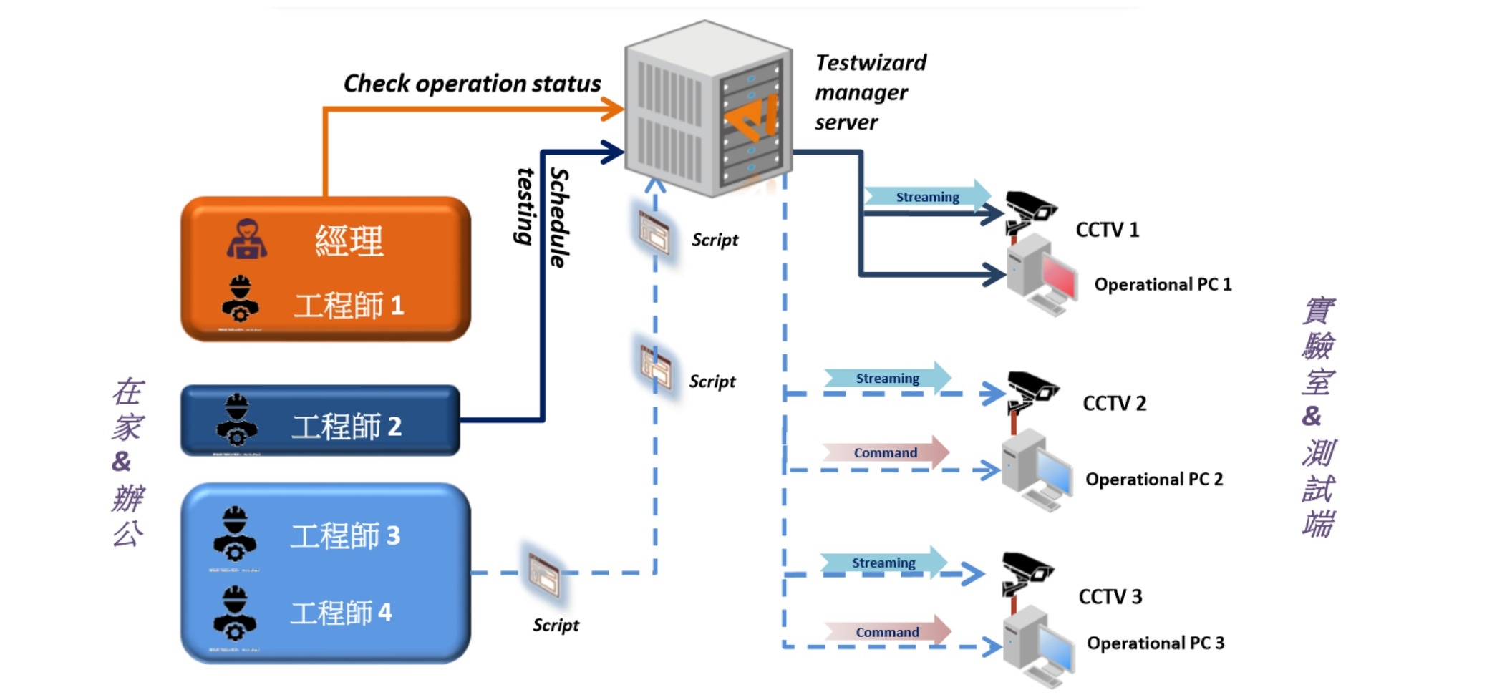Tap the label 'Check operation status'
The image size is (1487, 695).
[472, 84]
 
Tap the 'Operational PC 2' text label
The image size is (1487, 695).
[1153, 479]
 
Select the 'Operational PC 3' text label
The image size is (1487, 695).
[1155, 643]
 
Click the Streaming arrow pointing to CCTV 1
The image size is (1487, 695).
[927, 197]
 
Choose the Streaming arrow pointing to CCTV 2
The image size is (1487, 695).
[887, 378]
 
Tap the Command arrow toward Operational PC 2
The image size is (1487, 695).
[886, 452]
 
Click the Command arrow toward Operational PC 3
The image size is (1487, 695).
[887, 632]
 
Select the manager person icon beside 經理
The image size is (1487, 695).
[247, 239]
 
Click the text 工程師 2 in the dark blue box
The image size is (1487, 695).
[347, 427]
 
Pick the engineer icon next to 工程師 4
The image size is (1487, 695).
[234, 613]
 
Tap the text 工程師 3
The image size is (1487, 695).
[345, 535]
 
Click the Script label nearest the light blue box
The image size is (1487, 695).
[556, 625]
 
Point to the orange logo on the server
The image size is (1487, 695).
[752, 118]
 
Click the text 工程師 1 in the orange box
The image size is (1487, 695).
[349, 306]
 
